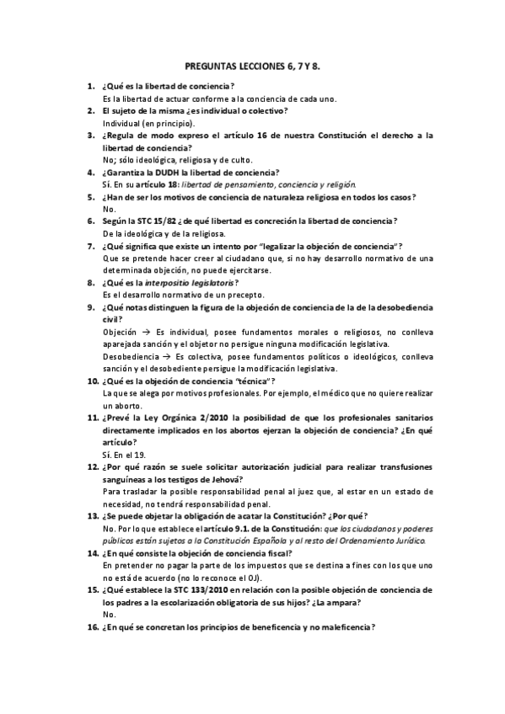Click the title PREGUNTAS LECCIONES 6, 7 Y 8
pyautogui.click(x=253, y=64)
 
